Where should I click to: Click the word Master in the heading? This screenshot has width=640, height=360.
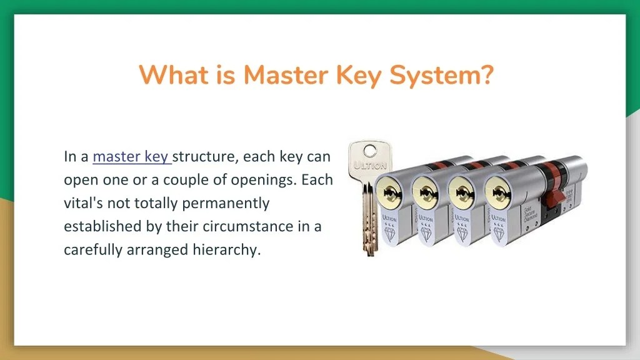pos(285,76)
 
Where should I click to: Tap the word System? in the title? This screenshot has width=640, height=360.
pos(441,76)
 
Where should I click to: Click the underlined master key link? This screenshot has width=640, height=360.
pos(132,156)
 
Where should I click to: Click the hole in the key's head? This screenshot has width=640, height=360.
pos(370,150)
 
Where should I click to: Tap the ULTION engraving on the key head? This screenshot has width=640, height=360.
pos(371,166)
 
